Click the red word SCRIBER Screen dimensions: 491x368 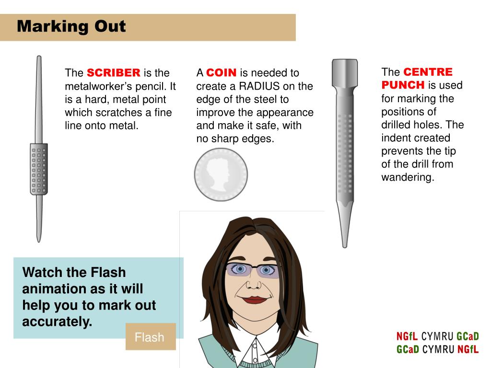(113, 73)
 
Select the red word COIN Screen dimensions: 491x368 (221, 73)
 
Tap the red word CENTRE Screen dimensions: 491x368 (428, 72)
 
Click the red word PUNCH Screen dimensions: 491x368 (403, 85)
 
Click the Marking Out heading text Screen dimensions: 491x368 (71, 26)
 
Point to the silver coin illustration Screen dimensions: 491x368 (221, 174)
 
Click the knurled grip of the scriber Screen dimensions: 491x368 (39, 169)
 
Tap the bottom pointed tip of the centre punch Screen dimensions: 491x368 (345, 247)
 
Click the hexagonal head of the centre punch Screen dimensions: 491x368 (345, 73)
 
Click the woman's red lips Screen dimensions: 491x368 (254, 300)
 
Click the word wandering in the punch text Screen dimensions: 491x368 (407, 177)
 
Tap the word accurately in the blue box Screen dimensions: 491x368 (57, 322)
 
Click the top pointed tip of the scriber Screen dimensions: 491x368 (39, 57)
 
